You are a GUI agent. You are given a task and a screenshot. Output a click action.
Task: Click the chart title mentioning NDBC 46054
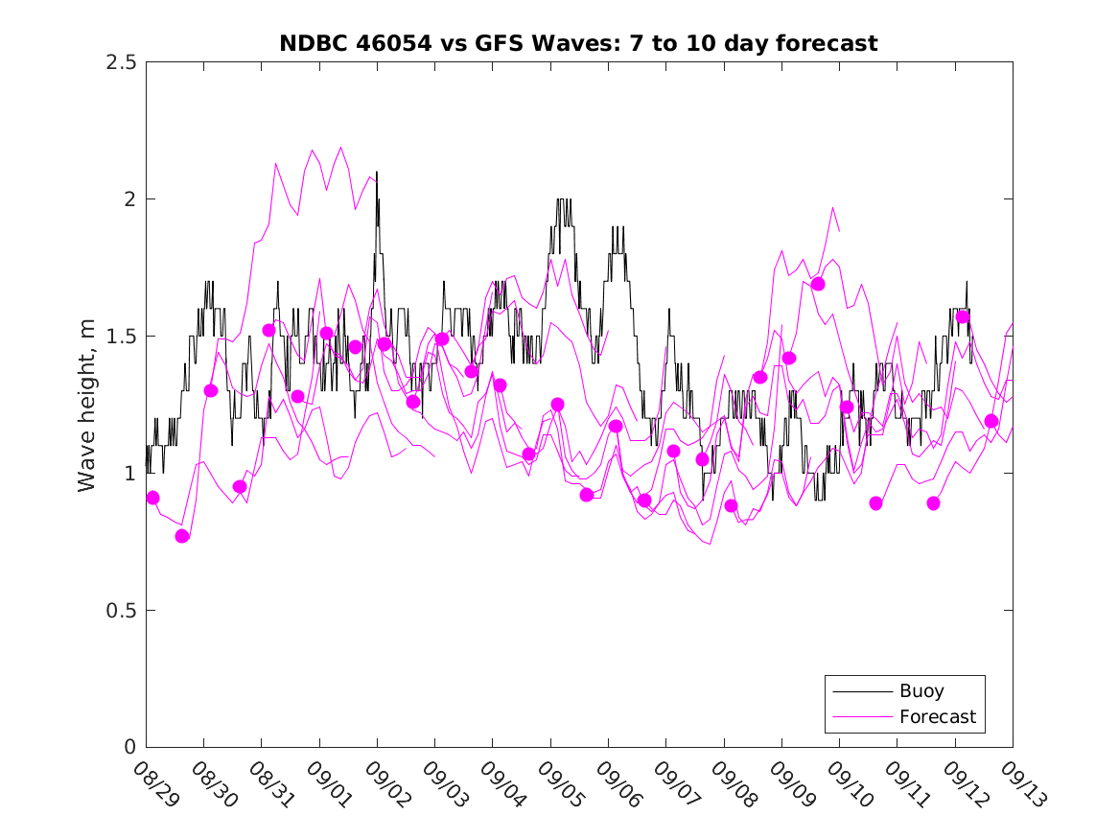coord(578,44)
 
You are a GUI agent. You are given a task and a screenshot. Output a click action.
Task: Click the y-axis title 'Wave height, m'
coord(87,406)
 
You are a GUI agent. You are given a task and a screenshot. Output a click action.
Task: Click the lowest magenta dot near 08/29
coord(182,536)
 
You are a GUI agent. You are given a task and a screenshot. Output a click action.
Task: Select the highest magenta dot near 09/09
coord(818,284)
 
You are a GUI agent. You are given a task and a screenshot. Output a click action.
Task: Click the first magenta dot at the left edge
coord(152,498)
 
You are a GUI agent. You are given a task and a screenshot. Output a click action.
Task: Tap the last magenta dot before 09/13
coord(991,421)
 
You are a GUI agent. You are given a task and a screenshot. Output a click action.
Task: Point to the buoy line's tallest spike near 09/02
coord(377,173)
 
